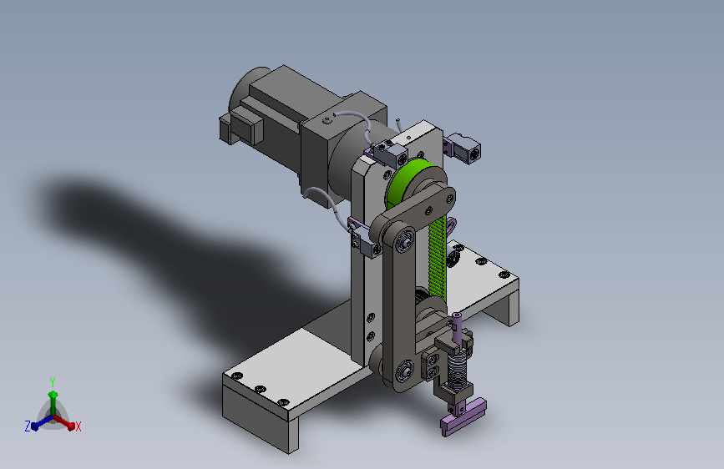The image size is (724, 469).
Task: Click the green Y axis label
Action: pos(52,381)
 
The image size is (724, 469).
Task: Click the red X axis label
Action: pos(78,426)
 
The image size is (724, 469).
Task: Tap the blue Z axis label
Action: pos(28,426)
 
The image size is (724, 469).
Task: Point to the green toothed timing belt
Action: pos(437,257)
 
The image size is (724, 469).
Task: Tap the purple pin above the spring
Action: pos(457,328)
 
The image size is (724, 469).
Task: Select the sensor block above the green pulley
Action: pos(391,154)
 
